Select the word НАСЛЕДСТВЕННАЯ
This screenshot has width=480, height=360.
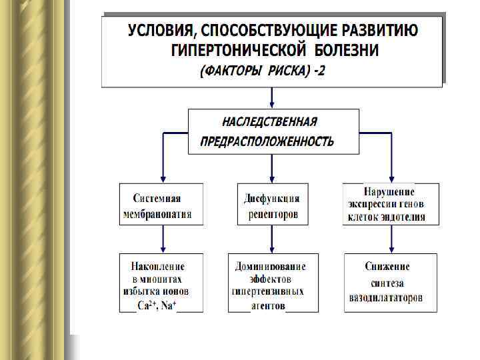(x=269, y=122)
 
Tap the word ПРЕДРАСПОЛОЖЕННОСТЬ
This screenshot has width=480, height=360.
(x=267, y=141)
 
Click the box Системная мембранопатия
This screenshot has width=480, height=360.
(x=161, y=205)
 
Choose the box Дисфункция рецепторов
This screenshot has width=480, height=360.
(x=272, y=205)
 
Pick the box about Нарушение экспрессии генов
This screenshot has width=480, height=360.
(x=391, y=203)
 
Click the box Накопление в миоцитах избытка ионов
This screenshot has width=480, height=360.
(x=161, y=283)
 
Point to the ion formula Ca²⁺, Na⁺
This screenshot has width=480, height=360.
(x=160, y=305)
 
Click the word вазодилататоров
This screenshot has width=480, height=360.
(x=385, y=298)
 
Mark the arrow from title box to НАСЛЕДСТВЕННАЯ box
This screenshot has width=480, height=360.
(x=272, y=98)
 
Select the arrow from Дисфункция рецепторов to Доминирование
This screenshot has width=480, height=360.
(x=272, y=239)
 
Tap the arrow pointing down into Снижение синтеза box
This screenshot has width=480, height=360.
(x=389, y=239)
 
